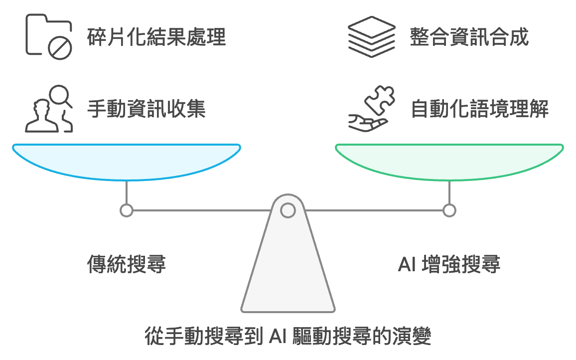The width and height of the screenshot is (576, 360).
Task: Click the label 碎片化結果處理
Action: [x=156, y=37]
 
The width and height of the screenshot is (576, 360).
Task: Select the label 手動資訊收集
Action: [x=146, y=109]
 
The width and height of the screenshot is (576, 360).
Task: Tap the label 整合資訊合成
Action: [x=469, y=37]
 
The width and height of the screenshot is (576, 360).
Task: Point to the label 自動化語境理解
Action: [x=479, y=109]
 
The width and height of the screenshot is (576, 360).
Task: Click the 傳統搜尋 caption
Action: [x=126, y=264]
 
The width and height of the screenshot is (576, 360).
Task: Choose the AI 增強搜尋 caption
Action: [x=449, y=264]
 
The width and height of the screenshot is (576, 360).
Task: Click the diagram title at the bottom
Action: [x=288, y=336]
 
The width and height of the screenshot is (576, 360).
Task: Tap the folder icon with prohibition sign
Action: [x=49, y=34]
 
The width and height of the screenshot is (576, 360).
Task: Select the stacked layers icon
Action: [x=372, y=37]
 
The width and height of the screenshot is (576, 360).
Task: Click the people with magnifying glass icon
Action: [x=49, y=109]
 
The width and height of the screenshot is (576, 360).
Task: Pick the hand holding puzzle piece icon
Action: [x=372, y=109]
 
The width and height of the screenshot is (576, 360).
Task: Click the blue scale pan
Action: [x=127, y=161]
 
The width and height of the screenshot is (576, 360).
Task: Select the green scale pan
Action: [x=449, y=161]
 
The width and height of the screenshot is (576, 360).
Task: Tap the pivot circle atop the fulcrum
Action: [x=288, y=210]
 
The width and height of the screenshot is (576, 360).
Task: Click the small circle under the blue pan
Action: [x=127, y=210]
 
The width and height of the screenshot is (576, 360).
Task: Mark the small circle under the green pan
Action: [x=449, y=210]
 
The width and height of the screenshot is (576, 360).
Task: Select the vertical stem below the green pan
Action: [x=449, y=192]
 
